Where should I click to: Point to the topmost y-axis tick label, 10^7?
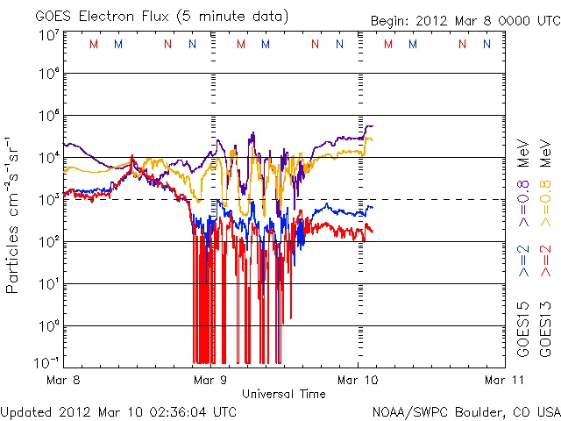pos(50,35)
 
